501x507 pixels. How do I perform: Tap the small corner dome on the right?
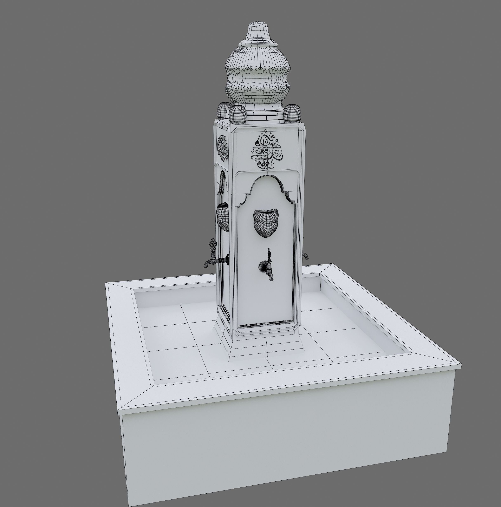point(292,113)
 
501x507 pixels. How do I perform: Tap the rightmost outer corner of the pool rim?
point(460,365)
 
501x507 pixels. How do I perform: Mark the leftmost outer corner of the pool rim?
point(106,283)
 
